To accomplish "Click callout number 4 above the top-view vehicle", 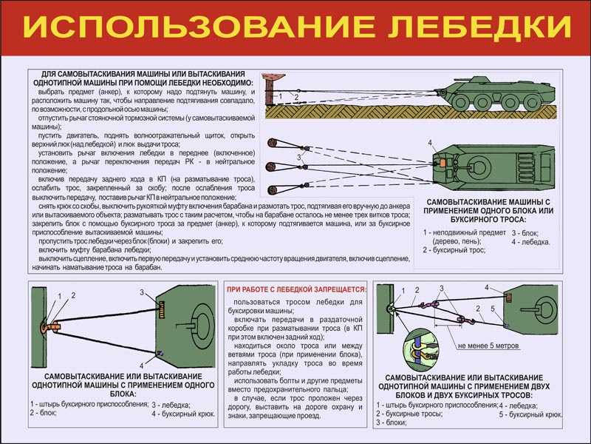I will pyautogui.click(x=430, y=142).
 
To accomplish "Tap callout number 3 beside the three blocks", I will pyautogui.click(x=298, y=158).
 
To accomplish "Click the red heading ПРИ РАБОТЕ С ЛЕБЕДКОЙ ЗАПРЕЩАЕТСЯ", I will pyautogui.click(x=296, y=289).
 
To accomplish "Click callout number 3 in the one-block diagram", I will pyautogui.click(x=141, y=293).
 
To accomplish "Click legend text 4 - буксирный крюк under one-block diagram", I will pyautogui.click(x=183, y=414).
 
